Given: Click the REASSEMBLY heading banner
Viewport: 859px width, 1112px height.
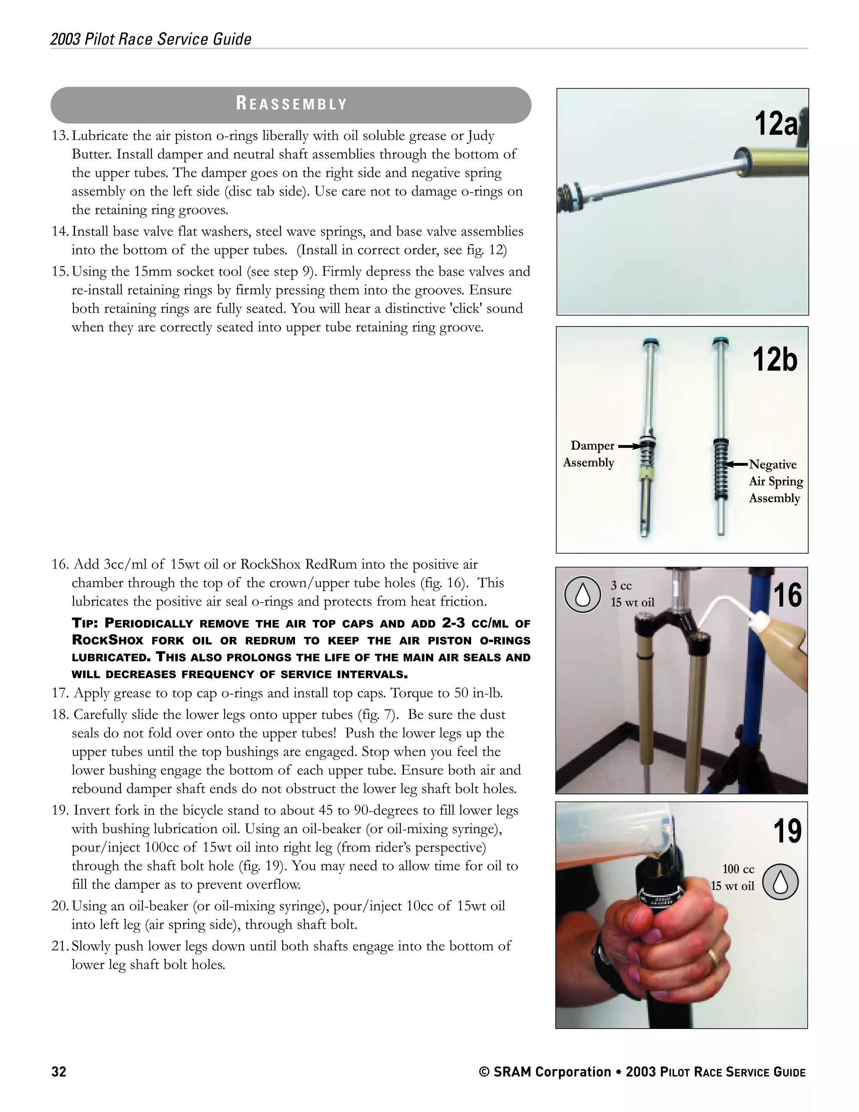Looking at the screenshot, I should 291,104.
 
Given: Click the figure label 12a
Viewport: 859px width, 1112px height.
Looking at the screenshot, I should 775,124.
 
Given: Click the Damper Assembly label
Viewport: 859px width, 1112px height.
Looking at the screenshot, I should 589,454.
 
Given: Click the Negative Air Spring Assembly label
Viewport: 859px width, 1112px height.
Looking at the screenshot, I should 775,481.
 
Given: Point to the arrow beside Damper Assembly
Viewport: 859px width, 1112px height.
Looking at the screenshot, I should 629,446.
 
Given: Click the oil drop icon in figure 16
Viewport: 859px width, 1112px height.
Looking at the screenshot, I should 583,594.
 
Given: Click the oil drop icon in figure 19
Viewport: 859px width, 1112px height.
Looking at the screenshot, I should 780,882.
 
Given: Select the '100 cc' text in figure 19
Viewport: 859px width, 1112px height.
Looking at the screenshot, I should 738,869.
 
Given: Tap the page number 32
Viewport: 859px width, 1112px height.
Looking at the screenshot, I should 59,1072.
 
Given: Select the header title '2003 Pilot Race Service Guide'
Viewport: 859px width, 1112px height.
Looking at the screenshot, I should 151,39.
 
